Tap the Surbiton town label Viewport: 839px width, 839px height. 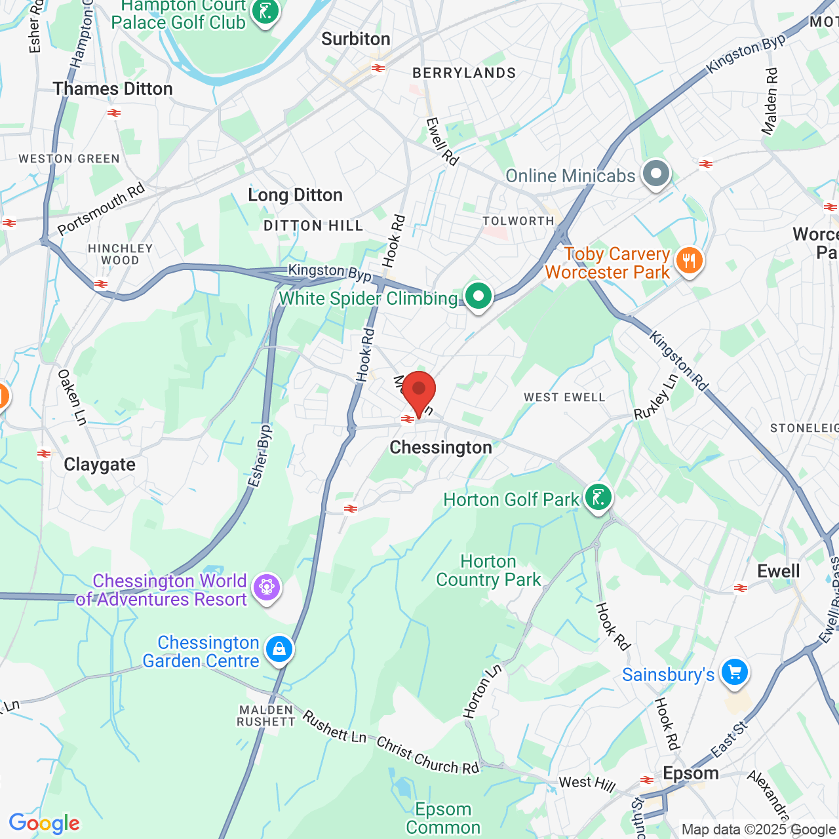click(x=356, y=39)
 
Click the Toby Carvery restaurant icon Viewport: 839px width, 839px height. click(x=688, y=261)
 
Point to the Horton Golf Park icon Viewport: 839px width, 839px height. click(x=598, y=498)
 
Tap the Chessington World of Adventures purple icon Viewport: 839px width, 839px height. click(x=266, y=587)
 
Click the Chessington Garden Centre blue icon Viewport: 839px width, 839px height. click(x=279, y=650)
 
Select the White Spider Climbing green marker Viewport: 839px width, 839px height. click(x=478, y=296)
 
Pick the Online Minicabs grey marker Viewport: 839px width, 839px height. click(x=656, y=174)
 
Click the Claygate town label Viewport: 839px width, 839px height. click(x=100, y=465)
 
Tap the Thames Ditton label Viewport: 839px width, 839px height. click(x=113, y=88)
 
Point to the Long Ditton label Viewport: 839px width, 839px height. click(x=295, y=195)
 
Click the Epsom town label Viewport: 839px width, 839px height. click(x=691, y=773)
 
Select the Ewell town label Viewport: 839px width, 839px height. click(x=779, y=572)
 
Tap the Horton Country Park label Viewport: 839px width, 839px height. click(x=488, y=571)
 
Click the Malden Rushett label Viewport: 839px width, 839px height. click(x=266, y=716)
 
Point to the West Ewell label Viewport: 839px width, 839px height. click(x=564, y=397)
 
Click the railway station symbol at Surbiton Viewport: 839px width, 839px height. click(x=378, y=68)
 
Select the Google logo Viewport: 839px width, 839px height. click(x=44, y=824)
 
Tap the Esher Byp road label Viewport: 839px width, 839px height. click(x=260, y=456)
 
